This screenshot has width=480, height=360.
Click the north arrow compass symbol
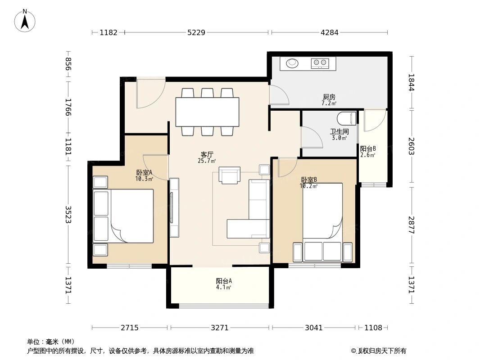point(25,21)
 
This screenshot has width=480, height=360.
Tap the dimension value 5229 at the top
point(196,32)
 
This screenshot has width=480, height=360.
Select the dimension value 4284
point(330,32)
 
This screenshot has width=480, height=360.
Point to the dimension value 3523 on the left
point(68,214)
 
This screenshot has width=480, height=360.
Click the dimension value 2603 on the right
point(411,146)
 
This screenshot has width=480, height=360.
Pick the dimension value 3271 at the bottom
point(220,328)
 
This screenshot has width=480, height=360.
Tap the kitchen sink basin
point(292,63)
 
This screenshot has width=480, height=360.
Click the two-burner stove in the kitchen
point(320,63)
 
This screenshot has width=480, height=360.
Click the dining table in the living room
point(207,112)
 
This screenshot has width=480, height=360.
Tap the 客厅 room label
point(207,154)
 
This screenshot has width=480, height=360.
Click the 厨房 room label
point(329,97)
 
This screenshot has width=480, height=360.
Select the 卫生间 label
point(339,132)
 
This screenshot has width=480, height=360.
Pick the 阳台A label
point(224,281)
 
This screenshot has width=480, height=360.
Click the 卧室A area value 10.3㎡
point(144,179)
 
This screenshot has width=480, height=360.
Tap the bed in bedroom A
point(123,216)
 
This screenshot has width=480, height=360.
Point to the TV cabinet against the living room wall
point(174,208)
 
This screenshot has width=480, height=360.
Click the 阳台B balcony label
point(368,148)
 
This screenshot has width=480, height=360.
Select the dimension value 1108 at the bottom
point(373,328)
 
